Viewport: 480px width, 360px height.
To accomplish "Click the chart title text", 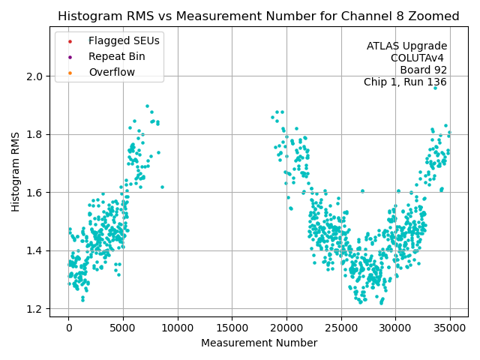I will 259,16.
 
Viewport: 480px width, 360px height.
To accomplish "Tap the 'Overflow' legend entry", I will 112,72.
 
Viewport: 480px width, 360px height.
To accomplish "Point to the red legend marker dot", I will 70,40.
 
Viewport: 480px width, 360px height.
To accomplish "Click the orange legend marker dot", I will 70,72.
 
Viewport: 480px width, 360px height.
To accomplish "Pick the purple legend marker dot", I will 70,56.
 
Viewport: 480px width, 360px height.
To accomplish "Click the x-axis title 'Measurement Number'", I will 259,343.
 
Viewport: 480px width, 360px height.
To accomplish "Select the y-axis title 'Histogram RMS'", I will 16,172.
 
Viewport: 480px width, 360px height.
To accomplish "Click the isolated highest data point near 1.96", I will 435,88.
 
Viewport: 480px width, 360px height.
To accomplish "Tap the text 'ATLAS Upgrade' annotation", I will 406,46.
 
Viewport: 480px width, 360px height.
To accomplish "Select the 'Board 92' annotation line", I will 423,70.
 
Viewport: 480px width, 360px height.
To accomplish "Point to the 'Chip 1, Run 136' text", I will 405,82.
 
